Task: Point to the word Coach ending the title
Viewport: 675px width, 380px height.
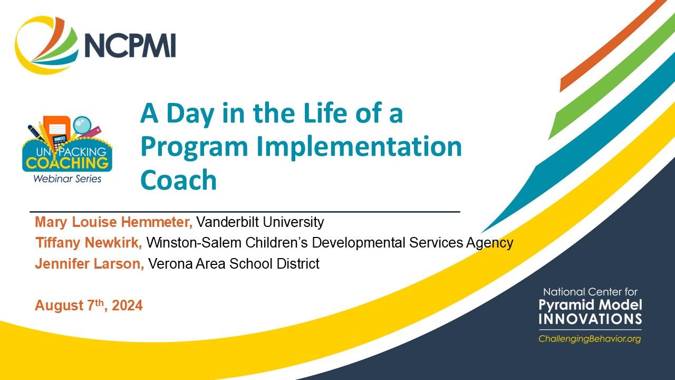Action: tap(178, 180)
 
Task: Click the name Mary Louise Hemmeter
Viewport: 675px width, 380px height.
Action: tap(113, 222)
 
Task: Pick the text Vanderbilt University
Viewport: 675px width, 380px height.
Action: tap(260, 222)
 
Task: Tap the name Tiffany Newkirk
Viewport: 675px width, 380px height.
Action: tap(89, 243)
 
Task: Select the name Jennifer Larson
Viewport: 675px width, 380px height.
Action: tap(89, 263)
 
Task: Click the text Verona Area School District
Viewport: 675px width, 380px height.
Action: tap(234, 263)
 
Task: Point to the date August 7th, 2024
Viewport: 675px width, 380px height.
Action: tap(89, 306)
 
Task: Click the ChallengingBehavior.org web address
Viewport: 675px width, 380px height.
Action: tap(590, 339)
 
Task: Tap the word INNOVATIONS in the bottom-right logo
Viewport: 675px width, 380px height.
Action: tap(590, 319)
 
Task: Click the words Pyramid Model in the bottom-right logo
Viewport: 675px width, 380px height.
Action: tap(590, 305)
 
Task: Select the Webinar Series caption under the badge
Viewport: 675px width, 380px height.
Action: tap(67, 178)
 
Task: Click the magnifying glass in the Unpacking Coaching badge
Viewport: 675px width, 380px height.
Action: tap(82, 126)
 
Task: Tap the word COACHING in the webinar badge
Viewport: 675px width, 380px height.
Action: tap(67, 163)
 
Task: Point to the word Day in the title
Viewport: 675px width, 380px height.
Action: tap(191, 113)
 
